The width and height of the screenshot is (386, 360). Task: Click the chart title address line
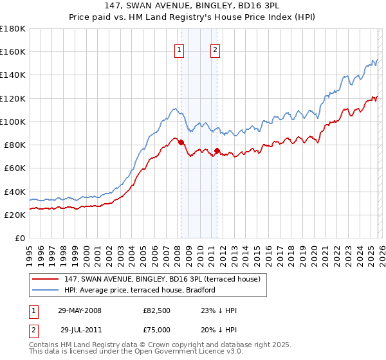click(x=193, y=5)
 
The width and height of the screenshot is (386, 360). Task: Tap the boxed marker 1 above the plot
click(x=178, y=51)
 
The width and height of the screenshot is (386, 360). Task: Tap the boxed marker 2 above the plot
click(x=215, y=51)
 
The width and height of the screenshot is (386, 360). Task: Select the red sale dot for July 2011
click(x=217, y=151)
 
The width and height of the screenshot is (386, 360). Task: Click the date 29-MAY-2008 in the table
click(x=80, y=310)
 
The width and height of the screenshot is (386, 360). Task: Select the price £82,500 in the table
click(x=158, y=310)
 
